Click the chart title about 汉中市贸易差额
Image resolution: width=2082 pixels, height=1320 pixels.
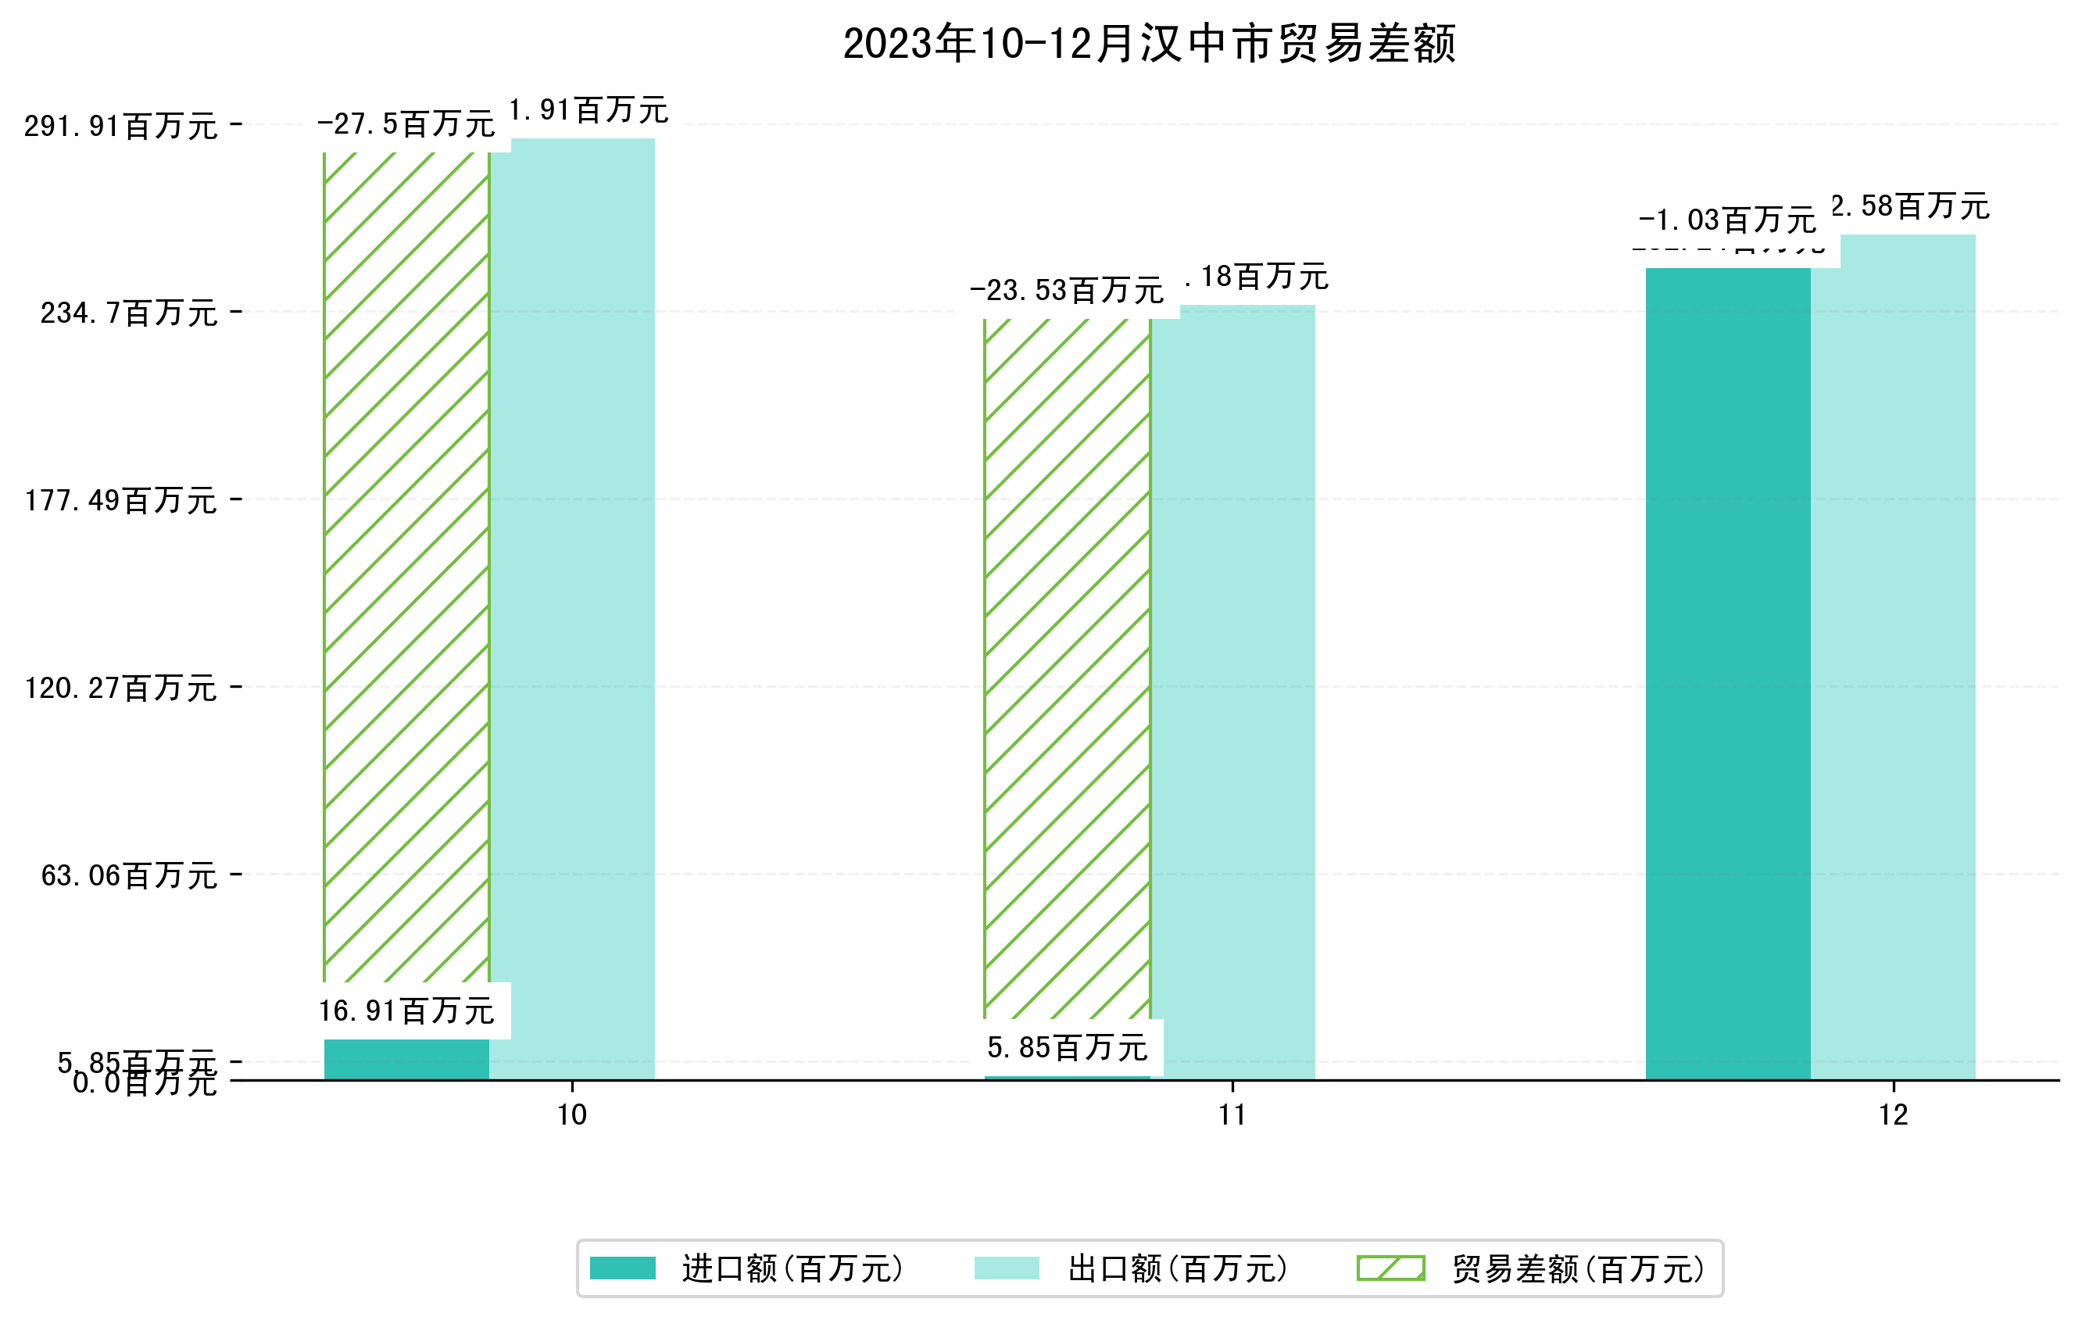(x=1149, y=43)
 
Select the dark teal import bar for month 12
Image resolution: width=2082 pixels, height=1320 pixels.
(x=1726, y=674)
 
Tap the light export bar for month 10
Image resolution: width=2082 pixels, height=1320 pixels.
(x=572, y=605)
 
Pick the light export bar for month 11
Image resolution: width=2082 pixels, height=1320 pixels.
(x=1233, y=692)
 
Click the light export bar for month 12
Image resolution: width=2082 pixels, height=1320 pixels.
(x=1893, y=657)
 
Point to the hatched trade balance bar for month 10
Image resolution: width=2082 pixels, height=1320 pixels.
(x=406, y=562)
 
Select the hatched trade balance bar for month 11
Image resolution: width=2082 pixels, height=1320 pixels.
(x=1067, y=666)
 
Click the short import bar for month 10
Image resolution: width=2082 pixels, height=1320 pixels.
(x=406, y=1059)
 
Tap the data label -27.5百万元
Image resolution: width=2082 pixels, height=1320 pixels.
(x=406, y=124)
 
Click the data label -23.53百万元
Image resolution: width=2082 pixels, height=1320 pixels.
(x=1067, y=291)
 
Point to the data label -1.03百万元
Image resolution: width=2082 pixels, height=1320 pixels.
(x=1726, y=220)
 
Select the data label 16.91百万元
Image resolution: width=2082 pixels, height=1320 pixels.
(x=406, y=1011)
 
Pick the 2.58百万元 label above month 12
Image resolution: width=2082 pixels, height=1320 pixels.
(x=1910, y=206)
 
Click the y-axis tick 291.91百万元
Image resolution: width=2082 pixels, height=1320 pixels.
(x=120, y=126)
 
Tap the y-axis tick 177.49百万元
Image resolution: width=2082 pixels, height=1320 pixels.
(x=120, y=500)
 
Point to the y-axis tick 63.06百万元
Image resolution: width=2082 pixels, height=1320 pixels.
(x=129, y=875)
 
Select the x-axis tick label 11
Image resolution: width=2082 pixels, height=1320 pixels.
(x=1232, y=1115)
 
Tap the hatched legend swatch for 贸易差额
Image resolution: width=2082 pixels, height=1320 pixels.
(x=1390, y=1268)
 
